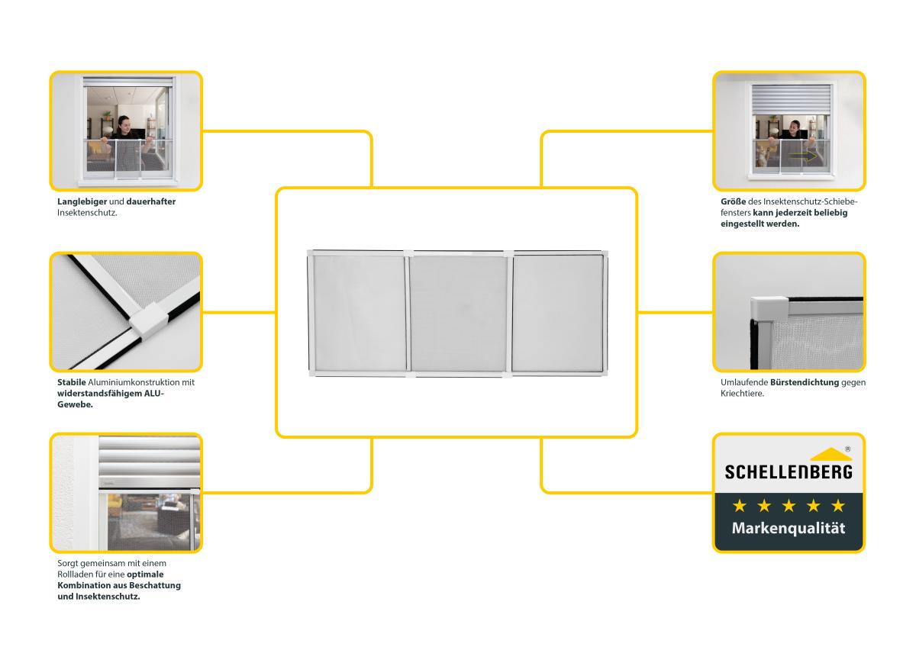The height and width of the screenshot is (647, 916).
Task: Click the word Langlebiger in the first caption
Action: [x=82, y=202]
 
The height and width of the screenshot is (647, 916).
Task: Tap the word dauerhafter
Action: [x=151, y=201]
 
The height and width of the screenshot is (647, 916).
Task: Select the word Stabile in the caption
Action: [x=72, y=382]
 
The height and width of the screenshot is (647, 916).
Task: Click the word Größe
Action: [x=734, y=201]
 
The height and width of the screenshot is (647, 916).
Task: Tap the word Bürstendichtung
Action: [x=805, y=382]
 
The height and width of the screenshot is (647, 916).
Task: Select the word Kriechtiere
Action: [x=742, y=394]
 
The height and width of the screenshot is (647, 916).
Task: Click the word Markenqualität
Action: [x=789, y=528]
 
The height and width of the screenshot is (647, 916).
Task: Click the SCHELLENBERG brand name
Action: [x=789, y=472]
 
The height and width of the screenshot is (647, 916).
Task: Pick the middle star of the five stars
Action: [x=789, y=506]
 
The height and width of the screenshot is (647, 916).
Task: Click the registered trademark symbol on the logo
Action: [x=848, y=449]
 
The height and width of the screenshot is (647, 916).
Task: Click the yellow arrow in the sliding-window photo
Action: [x=803, y=156]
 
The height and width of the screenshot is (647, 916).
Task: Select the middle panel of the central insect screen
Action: [x=459, y=314]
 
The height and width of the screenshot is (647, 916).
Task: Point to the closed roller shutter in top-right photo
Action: [x=792, y=99]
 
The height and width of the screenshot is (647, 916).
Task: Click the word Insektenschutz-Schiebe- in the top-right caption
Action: [x=810, y=201]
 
